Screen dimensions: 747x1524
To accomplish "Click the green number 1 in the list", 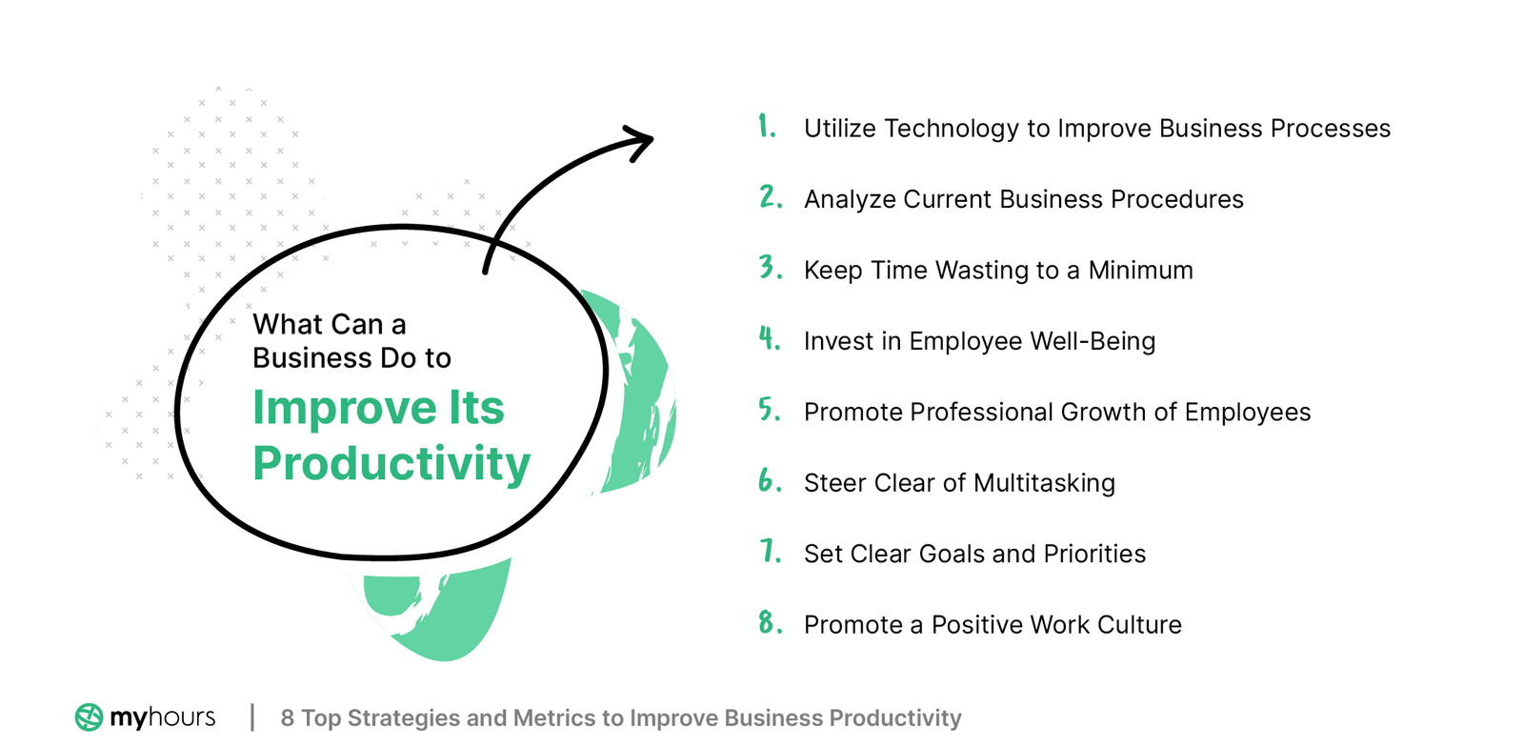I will pos(766,126).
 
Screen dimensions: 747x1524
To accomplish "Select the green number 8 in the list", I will pos(769,622).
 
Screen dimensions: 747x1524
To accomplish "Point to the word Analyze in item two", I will pos(850,199).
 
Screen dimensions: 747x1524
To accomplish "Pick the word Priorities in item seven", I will pos(1094,554).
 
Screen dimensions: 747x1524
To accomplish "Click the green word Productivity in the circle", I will pos(391,464).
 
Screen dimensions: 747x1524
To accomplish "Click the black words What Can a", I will pos(329,325).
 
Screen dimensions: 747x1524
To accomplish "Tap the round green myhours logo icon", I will pos(89,717).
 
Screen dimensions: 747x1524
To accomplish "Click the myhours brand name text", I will pos(163,717).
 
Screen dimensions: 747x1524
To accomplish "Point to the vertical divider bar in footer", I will pos(252,717).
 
